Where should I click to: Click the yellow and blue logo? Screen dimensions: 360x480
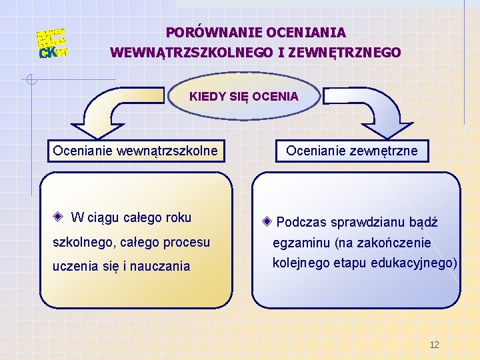pyautogui.click(x=51, y=43)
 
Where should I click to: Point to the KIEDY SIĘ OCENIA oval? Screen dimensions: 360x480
pyautogui.click(x=243, y=97)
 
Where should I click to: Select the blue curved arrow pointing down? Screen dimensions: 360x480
pyautogui.click(x=380, y=113)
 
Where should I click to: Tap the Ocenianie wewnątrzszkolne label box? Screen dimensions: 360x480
pyautogui.click(x=135, y=151)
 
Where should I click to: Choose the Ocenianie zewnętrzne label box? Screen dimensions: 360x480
pyautogui.click(x=352, y=151)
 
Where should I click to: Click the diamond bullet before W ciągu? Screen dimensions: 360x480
pyautogui.click(x=59, y=217)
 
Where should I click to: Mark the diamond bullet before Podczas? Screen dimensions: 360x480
pyautogui.click(x=267, y=222)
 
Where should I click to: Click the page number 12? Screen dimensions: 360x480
pyautogui.click(x=435, y=345)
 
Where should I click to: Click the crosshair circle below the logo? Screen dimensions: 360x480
pyautogui.click(x=31, y=81)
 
